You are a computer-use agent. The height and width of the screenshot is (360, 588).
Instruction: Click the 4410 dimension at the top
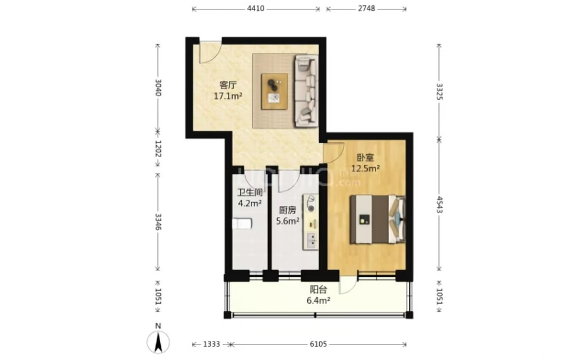point(256,8)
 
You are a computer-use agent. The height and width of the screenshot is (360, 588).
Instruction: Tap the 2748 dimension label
point(366,8)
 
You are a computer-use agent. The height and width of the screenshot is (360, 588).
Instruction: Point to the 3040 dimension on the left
point(158,87)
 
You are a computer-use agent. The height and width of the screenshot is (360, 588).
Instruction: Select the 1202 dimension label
point(158,149)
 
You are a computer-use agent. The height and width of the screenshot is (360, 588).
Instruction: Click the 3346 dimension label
point(158,222)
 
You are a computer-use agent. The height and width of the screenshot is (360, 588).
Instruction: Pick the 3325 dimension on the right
point(440,91)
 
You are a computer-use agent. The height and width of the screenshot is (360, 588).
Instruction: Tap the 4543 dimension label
point(440,205)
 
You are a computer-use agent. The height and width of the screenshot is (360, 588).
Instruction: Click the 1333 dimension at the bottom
point(211,344)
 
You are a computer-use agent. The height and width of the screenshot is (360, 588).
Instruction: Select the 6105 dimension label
point(319,344)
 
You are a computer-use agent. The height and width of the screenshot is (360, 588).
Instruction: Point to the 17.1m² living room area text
point(228,96)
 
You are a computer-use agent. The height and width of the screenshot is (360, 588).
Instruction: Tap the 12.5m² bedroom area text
point(365,168)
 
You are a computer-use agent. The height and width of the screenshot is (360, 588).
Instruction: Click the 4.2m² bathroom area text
point(250,203)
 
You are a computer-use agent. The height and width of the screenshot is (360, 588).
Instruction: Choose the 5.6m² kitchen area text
point(288,221)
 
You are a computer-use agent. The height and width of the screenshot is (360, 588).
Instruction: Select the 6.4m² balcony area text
point(319,300)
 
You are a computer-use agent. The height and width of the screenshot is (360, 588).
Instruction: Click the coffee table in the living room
point(275,91)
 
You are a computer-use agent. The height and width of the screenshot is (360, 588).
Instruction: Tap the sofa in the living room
point(306,91)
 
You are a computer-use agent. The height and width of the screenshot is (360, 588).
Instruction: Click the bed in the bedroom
point(377,219)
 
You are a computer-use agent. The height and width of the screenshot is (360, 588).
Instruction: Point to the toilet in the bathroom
point(242,224)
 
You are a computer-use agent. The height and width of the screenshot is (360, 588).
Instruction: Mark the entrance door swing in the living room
point(209,53)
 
